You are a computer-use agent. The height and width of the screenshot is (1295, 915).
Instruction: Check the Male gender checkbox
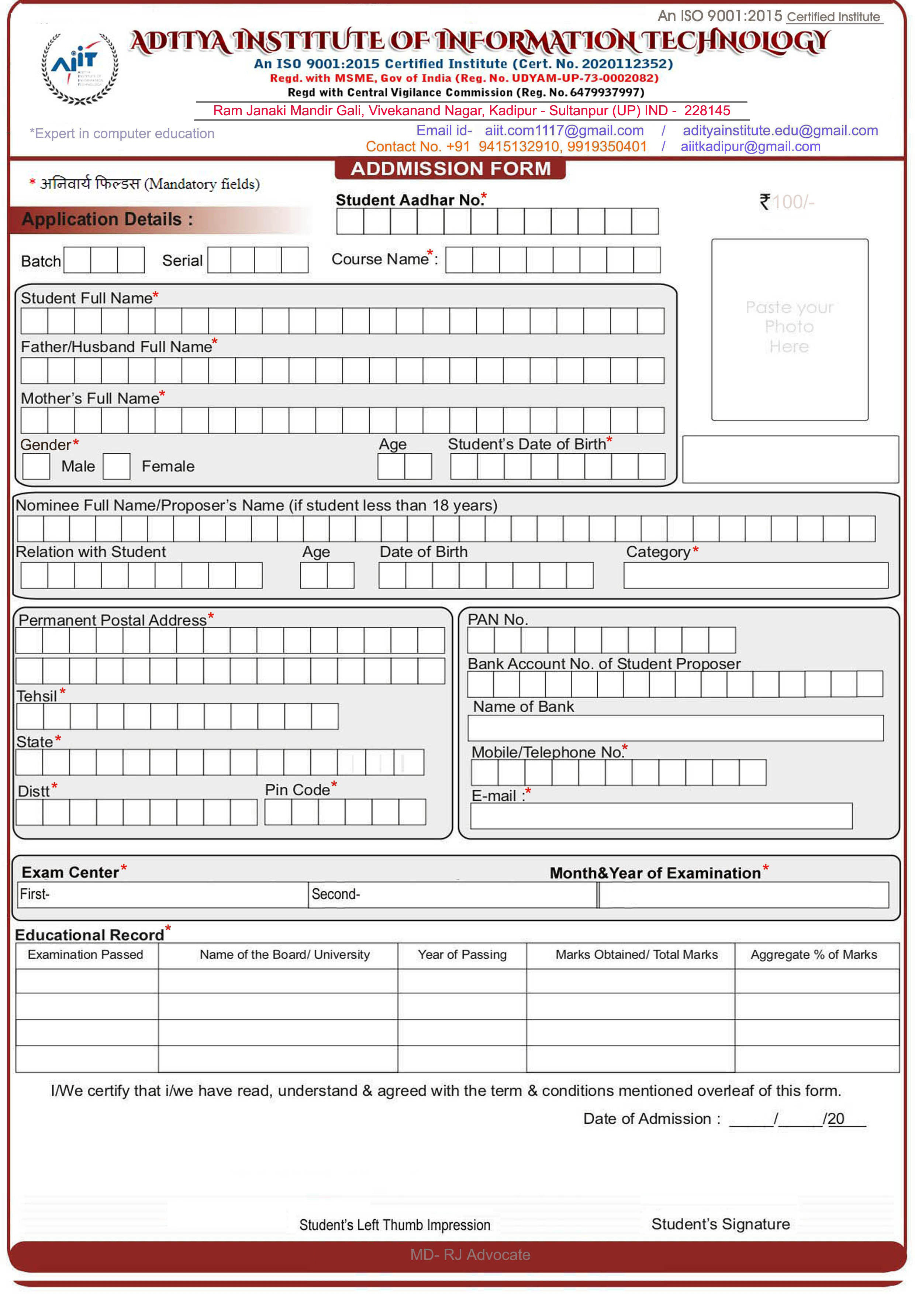pyautogui.click(x=36, y=467)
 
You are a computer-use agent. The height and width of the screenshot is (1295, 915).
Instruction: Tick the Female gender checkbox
pyautogui.click(x=117, y=467)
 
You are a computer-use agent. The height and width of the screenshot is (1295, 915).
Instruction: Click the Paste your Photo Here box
pyautogui.click(x=789, y=329)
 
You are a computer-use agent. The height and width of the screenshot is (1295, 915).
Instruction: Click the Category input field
pyautogui.click(x=756, y=575)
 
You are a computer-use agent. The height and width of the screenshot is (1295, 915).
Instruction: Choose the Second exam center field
pyautogui.click(x=452, y=894)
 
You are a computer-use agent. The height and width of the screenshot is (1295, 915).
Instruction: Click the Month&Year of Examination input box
pyautogui.click(x=743, y=894)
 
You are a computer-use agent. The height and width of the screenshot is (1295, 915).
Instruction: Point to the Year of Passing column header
pyautogui.click(x=462, y=954)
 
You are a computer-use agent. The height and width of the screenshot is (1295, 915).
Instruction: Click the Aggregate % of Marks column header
pyautogui.click(x=814, y=954)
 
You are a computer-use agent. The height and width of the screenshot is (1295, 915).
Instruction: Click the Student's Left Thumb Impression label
pyautogui.click(x=395, y=1225)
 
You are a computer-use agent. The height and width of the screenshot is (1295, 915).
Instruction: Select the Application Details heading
pyautogui.click(x=107, y=219)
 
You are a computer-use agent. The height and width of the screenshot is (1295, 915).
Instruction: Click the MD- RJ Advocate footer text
pyautogui.click(x=470, y=1254)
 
